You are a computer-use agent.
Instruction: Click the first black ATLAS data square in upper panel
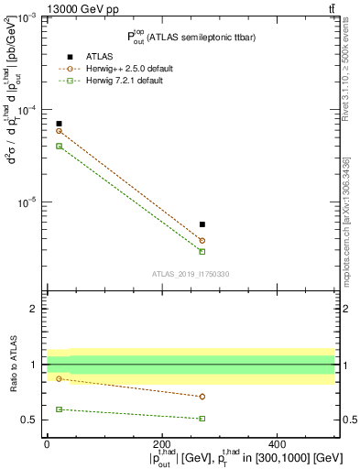point(59,124)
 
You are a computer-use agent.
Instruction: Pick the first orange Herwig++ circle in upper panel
point(59,131)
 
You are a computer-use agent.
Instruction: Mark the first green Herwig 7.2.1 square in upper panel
point(59,146)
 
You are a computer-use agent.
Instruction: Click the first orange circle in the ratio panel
point(59,378)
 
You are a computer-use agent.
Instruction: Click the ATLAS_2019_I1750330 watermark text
point(191,274)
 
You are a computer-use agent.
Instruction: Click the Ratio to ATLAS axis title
point(12,365)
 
